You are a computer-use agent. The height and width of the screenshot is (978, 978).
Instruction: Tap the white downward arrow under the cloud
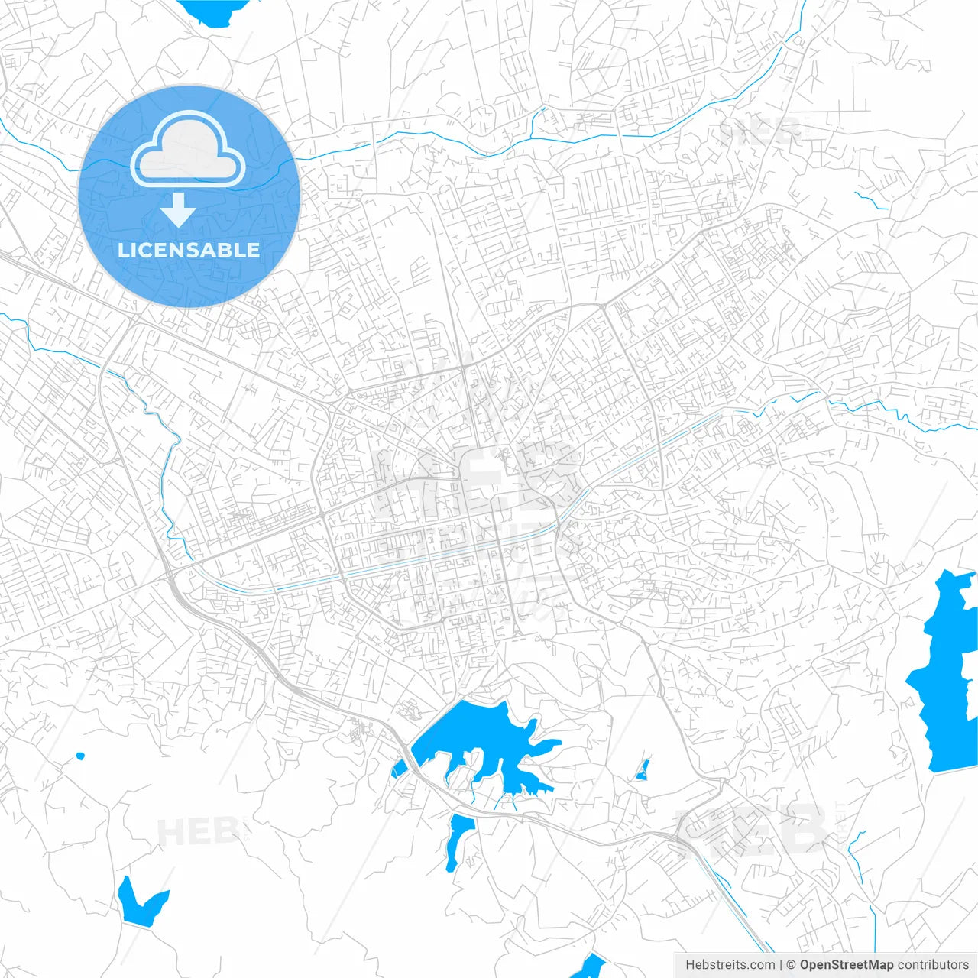coord(178,210)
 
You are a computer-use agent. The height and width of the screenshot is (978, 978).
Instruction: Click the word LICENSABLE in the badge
coord(189,250)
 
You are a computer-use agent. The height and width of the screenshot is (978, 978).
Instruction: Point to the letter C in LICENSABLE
coord(151,250)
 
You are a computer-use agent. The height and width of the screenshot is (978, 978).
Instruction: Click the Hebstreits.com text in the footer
coord(730,965)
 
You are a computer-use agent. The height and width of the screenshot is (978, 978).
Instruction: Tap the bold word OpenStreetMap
coord(847,965)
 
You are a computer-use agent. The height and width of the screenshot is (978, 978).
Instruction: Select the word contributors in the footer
coord(933,965)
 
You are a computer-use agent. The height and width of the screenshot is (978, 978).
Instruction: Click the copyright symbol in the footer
coord(792,965)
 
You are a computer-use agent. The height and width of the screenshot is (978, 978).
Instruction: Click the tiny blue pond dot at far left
coord(79,757)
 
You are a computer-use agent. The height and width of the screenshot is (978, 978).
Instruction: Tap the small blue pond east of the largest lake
coord(643,770)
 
